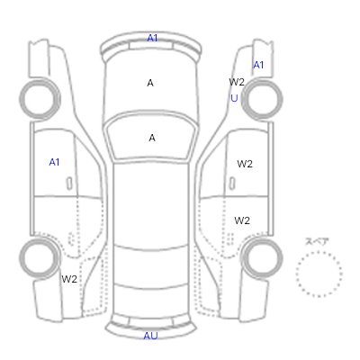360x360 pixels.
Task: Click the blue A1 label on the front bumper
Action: click(x=152, y=38)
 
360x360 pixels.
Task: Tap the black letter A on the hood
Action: click(x=150, y=83)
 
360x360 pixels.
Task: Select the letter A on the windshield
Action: click(x=152, y=138)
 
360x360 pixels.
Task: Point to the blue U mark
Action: click(x=234, y=98)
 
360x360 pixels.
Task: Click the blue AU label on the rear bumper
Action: click(x=150, y=336)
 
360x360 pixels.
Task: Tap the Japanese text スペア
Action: click(x=317, y=241)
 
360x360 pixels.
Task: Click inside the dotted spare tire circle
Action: click(x=319, y=274)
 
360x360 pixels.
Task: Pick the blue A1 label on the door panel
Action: click(x=54, y=162)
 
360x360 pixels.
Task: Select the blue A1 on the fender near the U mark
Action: click(x=258, y=65)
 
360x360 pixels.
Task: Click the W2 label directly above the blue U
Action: click(x=237, y=82)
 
